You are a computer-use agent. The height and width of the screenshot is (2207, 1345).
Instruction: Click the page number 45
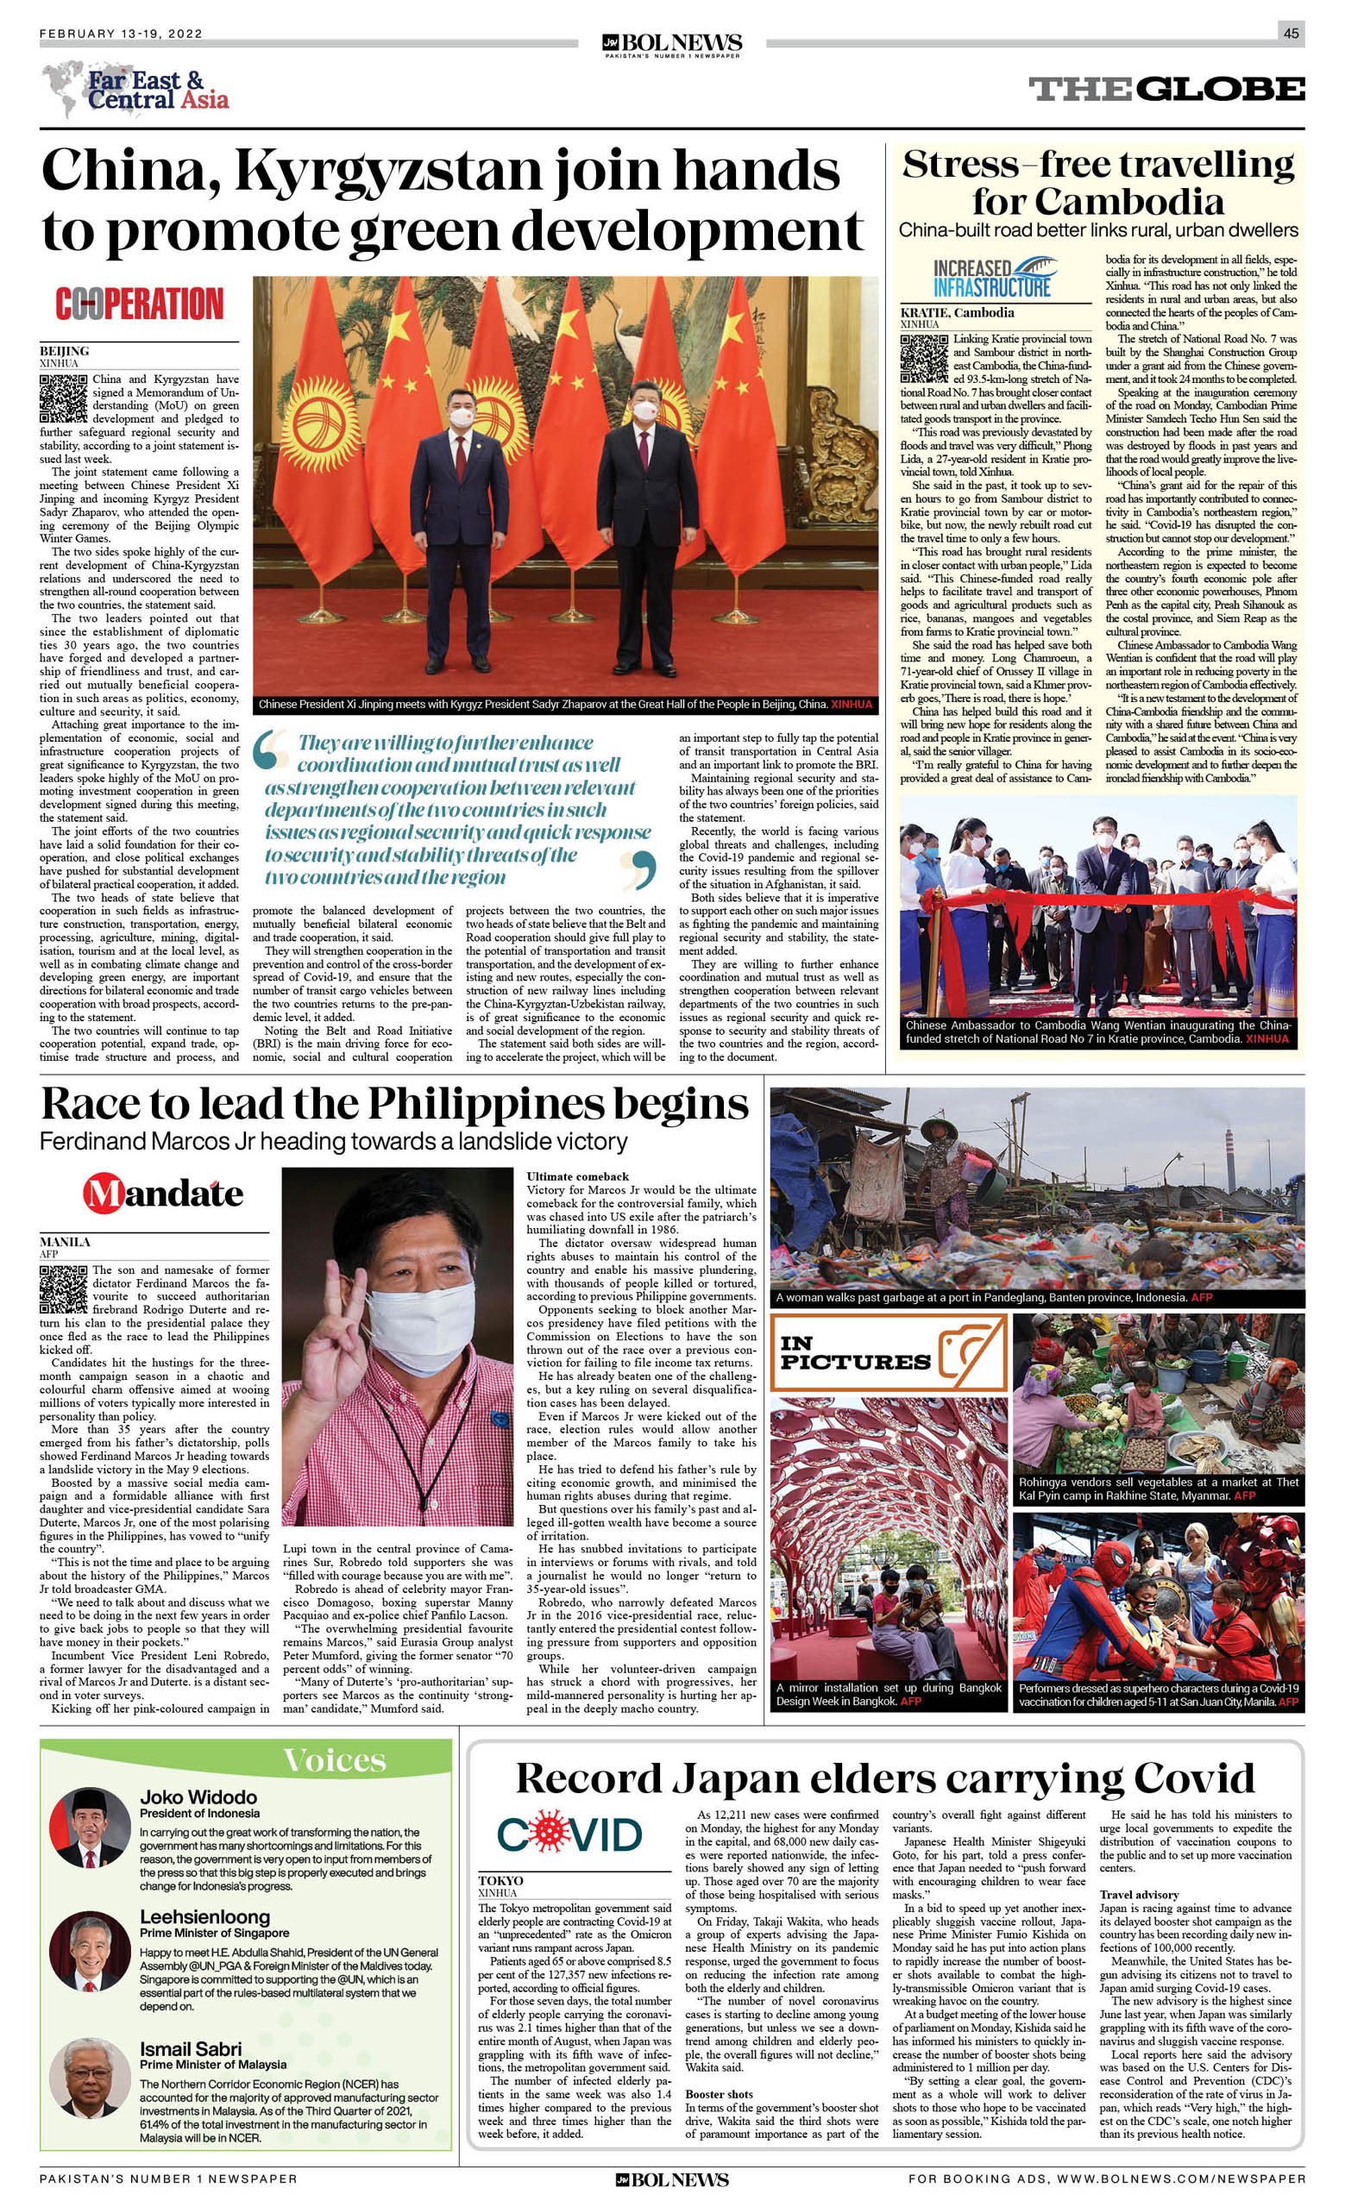coord(1290,34)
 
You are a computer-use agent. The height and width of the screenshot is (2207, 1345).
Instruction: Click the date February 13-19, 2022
coord(121,34)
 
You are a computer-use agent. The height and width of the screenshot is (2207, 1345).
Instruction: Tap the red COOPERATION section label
coord(139,304)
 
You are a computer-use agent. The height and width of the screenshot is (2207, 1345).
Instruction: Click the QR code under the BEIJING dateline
coord(63,398)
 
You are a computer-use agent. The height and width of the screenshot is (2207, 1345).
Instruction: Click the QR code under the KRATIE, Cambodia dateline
coord(924,358)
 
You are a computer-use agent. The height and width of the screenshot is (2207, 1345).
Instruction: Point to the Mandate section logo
coord(163,1193)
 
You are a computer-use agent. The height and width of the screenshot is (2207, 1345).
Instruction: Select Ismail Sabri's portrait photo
coord(91,2077)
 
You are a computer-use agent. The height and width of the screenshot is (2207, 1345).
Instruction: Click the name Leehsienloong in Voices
coord(204,1918)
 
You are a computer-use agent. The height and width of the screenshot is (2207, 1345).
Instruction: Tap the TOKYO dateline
coord(501,1881)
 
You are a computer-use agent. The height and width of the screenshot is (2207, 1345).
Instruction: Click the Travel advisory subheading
coord(1139,1896)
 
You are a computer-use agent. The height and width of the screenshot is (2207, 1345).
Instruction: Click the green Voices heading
coord(334,1761)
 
